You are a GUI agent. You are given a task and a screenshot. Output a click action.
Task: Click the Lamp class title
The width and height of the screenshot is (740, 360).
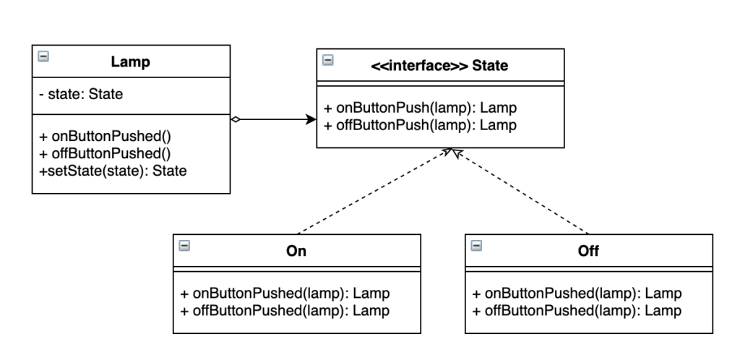pos(130,62)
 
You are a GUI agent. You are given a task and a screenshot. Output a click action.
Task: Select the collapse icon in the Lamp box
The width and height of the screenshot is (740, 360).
pos(43,56)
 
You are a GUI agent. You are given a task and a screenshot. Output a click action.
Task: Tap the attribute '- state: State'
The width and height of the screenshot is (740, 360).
pos(81,95)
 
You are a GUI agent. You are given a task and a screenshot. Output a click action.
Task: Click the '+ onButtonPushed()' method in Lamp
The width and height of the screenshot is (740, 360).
pos(105,137)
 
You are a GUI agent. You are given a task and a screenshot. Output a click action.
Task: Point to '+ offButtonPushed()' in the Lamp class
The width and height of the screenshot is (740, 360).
pos(105,153)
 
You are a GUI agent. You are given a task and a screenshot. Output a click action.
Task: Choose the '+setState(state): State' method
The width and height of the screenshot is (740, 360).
pos(113,171)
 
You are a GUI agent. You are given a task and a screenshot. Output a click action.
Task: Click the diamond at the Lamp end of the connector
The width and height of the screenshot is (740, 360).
pos(236,119)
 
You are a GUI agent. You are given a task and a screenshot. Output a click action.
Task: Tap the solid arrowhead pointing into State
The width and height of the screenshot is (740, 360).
pos(311,119)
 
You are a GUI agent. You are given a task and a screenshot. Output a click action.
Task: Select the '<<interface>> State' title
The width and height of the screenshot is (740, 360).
pos(439,65)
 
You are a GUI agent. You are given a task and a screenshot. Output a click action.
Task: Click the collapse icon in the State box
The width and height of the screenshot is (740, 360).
pos(328,60)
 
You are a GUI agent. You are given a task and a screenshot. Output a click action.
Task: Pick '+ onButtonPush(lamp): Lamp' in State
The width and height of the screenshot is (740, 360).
pos(420,108)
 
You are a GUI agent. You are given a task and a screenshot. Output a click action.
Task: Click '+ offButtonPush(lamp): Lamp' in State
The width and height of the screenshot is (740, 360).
pos(420,125)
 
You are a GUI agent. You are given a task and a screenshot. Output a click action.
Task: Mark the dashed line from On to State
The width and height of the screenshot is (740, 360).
pos(375,191)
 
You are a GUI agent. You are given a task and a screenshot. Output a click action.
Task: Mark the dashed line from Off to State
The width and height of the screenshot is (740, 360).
pos(520,191)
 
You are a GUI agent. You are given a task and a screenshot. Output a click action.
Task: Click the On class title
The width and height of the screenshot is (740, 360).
pos(296,251)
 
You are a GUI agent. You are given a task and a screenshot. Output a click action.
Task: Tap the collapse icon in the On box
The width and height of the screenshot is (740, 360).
pos(184,246)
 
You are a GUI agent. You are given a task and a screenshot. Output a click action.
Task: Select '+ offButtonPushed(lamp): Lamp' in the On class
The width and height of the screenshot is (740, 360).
pos(285,310)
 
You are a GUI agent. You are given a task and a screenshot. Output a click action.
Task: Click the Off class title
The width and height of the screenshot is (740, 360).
pos(588,251)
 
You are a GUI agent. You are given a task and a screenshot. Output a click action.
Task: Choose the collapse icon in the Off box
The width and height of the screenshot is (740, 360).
pos(477,246)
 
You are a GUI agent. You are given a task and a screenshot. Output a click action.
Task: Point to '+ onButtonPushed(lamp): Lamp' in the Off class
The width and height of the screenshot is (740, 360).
pos(577,293)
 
